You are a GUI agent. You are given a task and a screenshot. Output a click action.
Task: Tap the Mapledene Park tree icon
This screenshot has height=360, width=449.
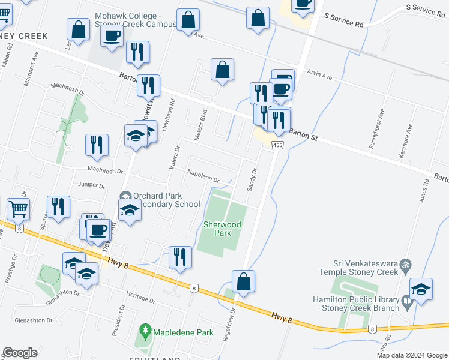point(144,331)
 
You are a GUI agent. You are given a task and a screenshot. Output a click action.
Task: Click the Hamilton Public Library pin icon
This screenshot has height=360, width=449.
point(408,304)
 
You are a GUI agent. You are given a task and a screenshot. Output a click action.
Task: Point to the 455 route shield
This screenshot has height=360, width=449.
point(277,146)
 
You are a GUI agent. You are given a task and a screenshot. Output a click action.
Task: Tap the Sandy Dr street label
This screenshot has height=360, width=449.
point(252,179)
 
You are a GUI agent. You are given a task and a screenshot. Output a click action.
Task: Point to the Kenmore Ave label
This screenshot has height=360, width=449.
point(405,142)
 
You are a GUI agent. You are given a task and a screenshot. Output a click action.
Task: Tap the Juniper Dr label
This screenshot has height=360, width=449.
point(91,185)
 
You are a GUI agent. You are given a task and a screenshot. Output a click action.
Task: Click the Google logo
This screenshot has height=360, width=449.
point(20,353)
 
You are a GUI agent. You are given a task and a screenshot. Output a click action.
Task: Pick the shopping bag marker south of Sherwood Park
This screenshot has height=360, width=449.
point(243,280)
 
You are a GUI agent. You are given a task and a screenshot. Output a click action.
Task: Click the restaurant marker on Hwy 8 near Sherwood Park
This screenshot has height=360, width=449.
point(180,257)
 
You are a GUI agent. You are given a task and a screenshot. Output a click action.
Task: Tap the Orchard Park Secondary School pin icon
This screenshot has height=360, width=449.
point(125,196)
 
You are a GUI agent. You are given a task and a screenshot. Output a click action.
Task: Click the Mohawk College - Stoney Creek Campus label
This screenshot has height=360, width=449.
point(136,20)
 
